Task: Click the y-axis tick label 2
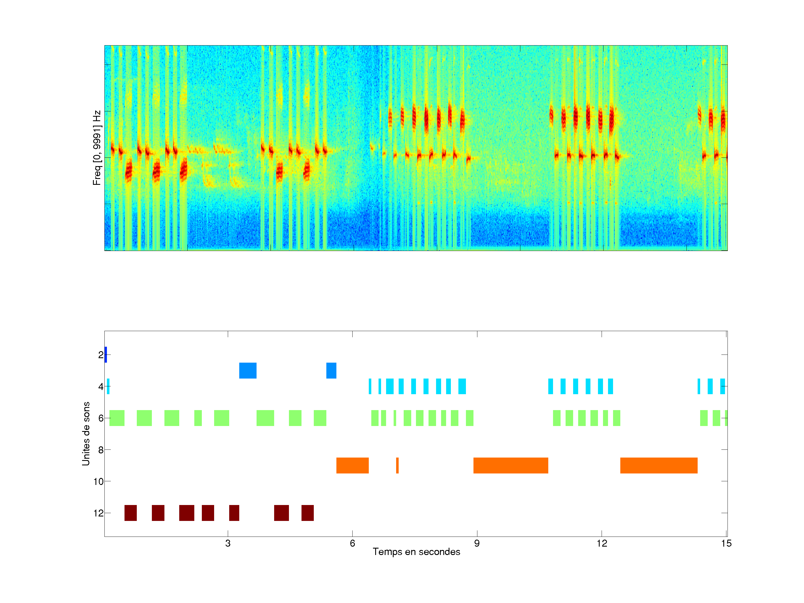pyautogui.click(x=101, y=355)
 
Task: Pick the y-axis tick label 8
pyautogui.click(x=101, y=450)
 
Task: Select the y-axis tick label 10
pyautogui.click(x=99, y=482)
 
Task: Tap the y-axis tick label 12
pyautogui.click(x=99, y=513)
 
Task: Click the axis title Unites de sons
pyautogui.click(x=86, y=434)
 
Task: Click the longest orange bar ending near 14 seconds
pyautogui.click(x=659, y=466)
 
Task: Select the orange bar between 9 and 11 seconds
pyautogui.click(x=511, y=466)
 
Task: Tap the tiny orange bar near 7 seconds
pyautogui.click(x=397, y=466)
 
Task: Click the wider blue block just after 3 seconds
pyautogui.click(x=248, y=370)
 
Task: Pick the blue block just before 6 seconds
pyautogui.click(x=331, y=370)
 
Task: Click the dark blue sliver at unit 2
pyautogui.click(x=106, y=355)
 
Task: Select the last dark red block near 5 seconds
pyautogui.click(x=307, y=513)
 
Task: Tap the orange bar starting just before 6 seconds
pyautogui.click(x=352, y=466)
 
